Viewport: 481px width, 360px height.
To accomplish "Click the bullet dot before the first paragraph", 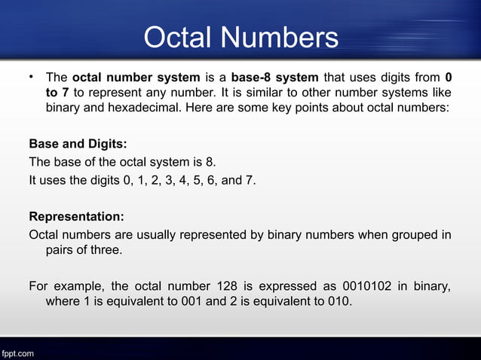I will tap(32, 76).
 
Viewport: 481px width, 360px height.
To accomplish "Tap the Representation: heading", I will tap(76, 216).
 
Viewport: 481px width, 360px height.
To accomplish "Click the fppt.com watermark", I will tap(17, 352).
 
